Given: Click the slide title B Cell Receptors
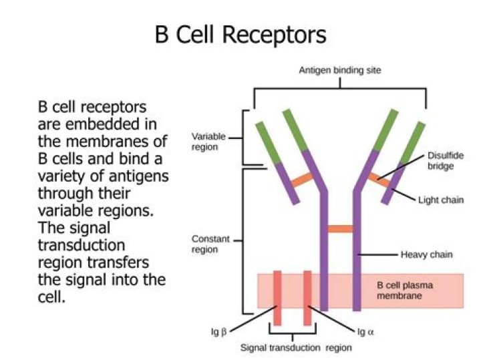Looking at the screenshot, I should click(240, 33).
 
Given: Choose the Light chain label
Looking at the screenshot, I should click(441, 199).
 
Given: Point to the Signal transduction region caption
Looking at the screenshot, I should click(296, 347).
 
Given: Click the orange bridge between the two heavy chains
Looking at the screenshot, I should click(341, 229).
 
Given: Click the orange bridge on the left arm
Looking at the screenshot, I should click(301, 179).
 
